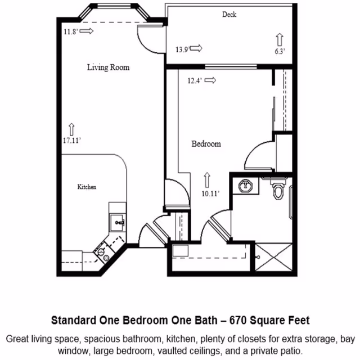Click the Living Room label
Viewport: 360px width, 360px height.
108,67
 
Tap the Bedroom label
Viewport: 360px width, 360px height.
206,144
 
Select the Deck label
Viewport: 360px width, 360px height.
229,15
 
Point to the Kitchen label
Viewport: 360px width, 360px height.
87,187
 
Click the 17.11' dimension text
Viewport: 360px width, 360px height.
73,141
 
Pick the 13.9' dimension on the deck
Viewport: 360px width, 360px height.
181,49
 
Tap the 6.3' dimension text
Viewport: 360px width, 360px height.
280,51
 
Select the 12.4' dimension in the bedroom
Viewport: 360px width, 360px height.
194,81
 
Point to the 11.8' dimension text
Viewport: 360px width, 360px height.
71,31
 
